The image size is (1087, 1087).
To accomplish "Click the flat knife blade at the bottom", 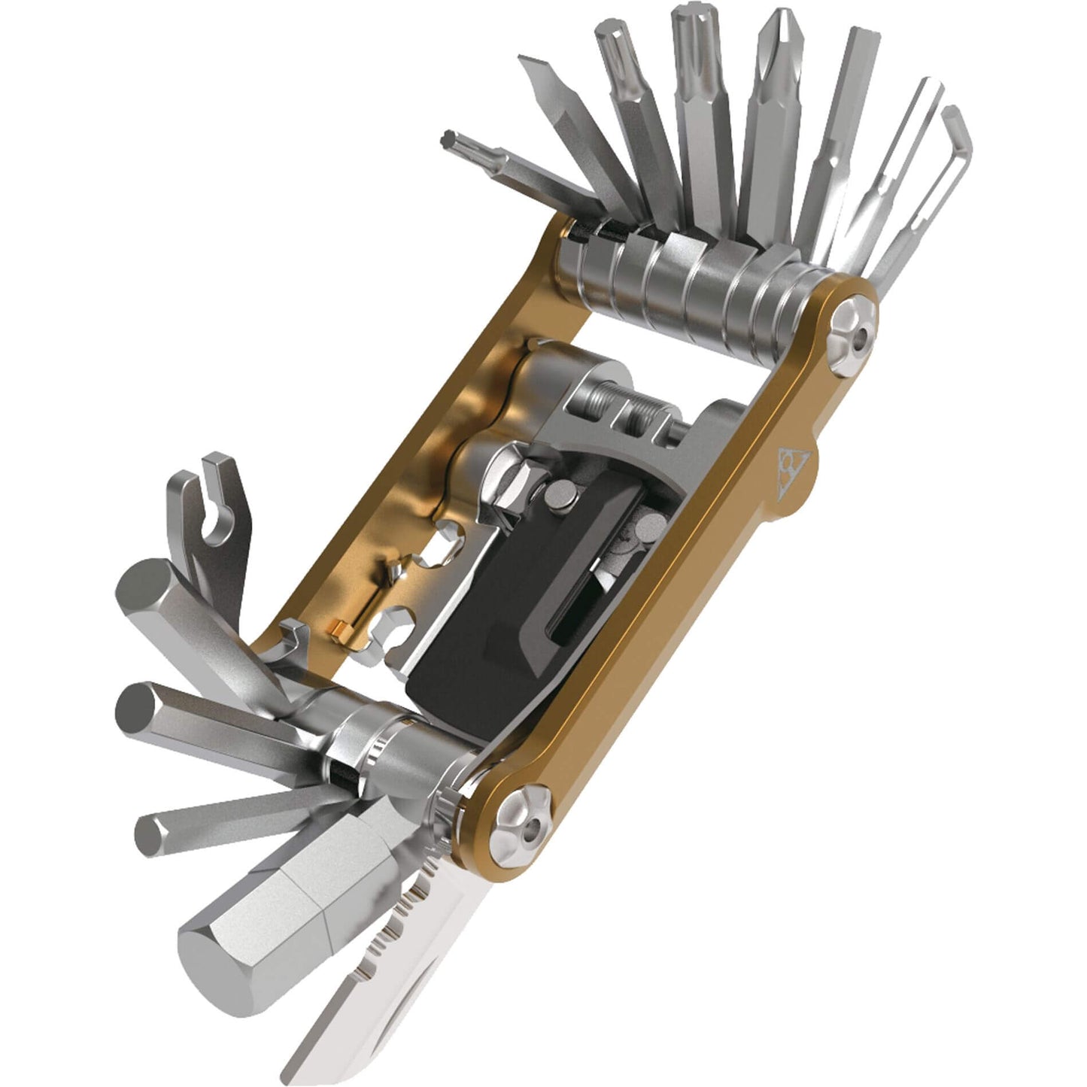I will (354, 1008).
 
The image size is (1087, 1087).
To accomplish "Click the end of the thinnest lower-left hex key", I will (147, 833).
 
